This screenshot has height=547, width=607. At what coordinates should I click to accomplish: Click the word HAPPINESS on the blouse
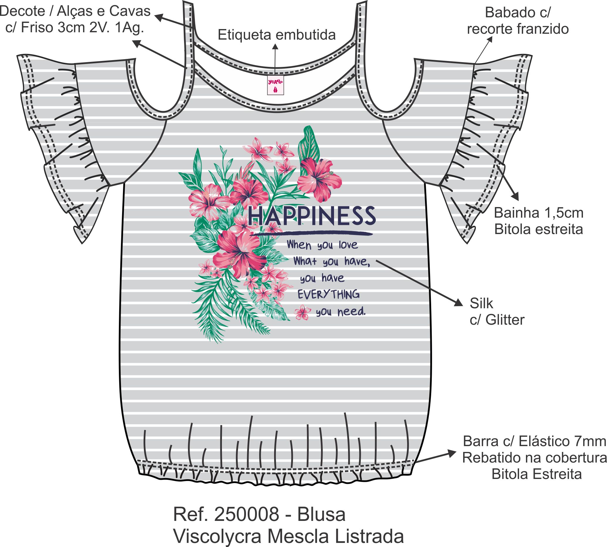click(312, 216)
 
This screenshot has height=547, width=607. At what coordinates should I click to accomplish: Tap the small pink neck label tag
click(275, 86)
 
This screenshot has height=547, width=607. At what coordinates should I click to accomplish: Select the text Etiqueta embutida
click(276, 35)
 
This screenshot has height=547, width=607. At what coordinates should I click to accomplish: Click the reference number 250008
click(247, 514)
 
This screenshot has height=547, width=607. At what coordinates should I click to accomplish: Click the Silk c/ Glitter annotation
click(496, 311)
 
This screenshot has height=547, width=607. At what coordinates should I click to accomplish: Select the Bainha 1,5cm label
click(538, 213)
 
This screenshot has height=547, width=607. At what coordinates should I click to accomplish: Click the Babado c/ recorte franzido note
click(518, 21)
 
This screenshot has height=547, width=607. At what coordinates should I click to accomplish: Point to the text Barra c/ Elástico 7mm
click(535, 441)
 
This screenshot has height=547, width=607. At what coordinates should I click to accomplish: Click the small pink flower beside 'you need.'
click(302, 313)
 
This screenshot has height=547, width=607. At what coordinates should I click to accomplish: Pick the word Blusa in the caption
click(321, 514)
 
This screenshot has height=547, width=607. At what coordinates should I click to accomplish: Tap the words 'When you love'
click(322, 245)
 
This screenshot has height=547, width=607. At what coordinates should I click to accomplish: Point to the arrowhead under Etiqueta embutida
click(275, 47)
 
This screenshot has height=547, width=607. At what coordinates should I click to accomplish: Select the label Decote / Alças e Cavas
click(75, 11)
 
